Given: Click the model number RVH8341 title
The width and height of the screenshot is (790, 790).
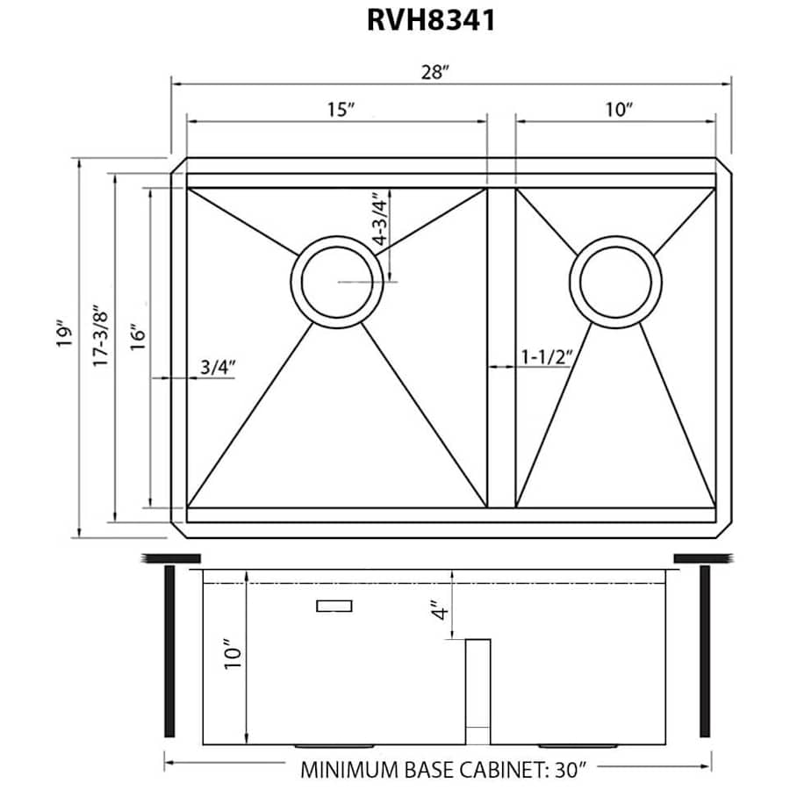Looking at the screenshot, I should point(430,20).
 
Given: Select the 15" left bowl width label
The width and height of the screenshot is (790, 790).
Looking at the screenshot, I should point(340,110).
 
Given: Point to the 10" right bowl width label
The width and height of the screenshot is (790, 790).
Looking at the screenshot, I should point(618,110).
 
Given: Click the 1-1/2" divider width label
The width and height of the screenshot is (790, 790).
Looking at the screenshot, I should point(546,357).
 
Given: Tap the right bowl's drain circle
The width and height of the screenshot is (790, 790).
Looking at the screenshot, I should point(615,282).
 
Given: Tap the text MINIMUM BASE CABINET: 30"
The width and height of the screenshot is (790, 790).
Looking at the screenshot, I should point(443,770).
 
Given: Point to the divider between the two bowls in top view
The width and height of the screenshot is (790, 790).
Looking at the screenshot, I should point(501,347).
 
